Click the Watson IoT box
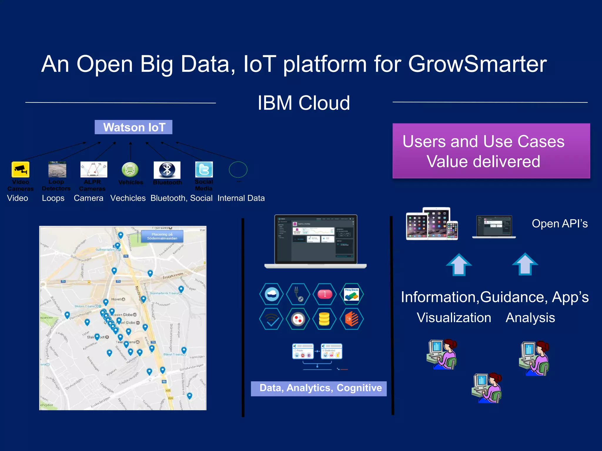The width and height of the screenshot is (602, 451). (133, 127)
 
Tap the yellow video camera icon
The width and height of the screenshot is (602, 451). (21, 169)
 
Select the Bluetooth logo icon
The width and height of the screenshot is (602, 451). (167, 170)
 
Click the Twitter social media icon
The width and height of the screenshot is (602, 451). (204, 169)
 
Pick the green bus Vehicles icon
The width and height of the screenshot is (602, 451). (130, 170)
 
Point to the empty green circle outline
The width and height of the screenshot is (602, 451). (238, 169)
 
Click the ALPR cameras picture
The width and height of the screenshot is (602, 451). (94, 169)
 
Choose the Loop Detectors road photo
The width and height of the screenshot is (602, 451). (57, 169)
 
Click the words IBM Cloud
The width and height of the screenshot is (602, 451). (304, 103)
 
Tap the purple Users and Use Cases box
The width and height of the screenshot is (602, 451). (491, 151)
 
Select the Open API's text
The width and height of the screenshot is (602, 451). (560, 224)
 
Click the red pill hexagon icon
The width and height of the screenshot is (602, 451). (325, 294)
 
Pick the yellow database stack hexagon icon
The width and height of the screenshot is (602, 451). (324, 319)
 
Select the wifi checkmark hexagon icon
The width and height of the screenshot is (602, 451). (271, 319)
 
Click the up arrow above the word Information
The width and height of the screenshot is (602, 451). (459, 265)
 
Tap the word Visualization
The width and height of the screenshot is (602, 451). (454, 318)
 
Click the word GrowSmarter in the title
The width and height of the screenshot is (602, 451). (477, 64)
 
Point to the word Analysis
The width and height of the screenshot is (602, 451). (530, 318)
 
